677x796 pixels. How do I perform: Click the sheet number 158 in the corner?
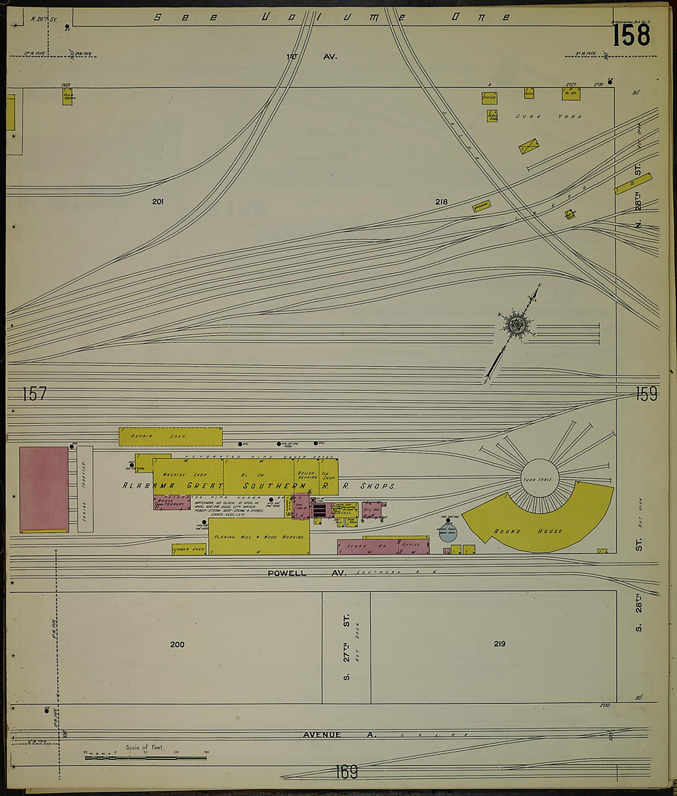click(x=631, y=35)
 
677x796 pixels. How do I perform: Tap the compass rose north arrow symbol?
click(x=516, y=324)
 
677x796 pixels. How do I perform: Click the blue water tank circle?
click(x=447, y=533)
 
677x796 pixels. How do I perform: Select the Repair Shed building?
click(x=170, y=436)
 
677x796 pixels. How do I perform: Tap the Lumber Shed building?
click(x=188, y=549)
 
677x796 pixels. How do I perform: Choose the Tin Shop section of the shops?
click(x=329, y=476)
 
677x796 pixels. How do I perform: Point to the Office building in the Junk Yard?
click(x=489, y=97)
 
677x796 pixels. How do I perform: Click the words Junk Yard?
click(x=548, y=116)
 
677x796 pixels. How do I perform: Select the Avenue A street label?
click(x=321, y=734)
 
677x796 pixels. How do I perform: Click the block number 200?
click(x=177, y=645)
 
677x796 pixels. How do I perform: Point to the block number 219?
click(x=499, y=644)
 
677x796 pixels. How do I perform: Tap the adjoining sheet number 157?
click(x=34, y=394)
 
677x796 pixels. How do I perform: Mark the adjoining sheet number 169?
click(x=347, y=771)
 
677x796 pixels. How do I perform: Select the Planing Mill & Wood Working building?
click(x=259, y=537)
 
